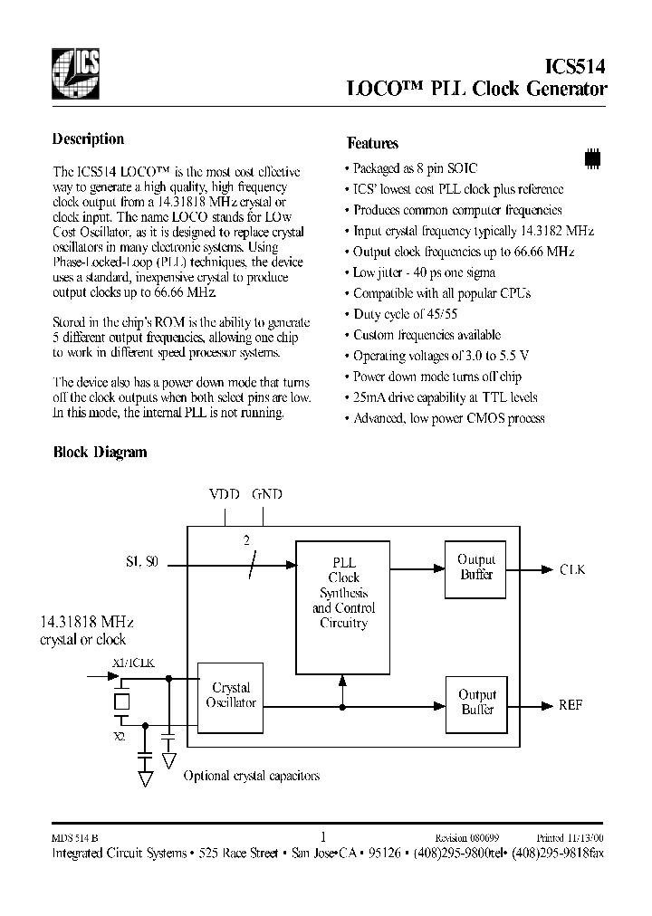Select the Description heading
point(88,139)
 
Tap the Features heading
point(372,143)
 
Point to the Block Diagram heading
point(100,452)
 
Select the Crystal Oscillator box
point(232,695)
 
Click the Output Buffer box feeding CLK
point(476,568)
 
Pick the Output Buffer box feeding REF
point(476,702)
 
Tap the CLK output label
point(572,569)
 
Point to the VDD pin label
point(225,494)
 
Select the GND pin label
point(266,494)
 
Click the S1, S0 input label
point(141,562)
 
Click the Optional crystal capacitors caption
point(251,776)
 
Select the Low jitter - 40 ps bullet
point(424,272)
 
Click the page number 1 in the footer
point(322,836)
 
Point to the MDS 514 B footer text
point(73,838)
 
